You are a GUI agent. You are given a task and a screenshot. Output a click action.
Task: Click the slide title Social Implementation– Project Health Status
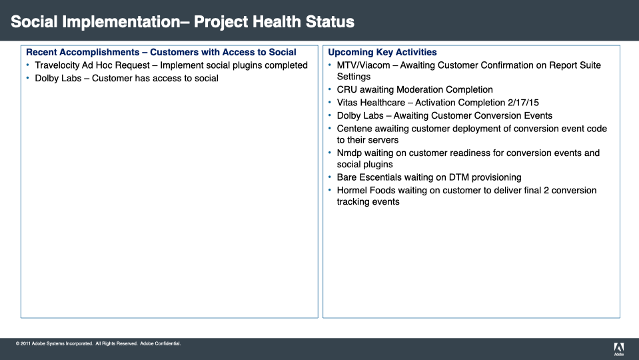pyautogui.click(x=183, y=22)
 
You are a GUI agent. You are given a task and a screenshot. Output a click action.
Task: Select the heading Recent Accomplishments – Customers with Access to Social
pyautogui.click(x=161, y=52)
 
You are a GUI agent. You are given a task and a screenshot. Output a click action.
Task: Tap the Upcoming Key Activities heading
pyautogui.click(x=382, y=52)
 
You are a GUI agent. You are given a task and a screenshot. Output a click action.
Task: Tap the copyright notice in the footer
pyautogui.click(x=98, y=344)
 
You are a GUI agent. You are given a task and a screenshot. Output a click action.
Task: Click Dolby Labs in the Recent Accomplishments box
pyautogui.click(x=57, y=79)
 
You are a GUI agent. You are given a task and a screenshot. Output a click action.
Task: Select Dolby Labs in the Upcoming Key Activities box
pyautogui.click(x=360, y=115)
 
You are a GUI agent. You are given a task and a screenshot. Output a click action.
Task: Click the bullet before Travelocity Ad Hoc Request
pyautogui.click(x=28, y=65)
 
